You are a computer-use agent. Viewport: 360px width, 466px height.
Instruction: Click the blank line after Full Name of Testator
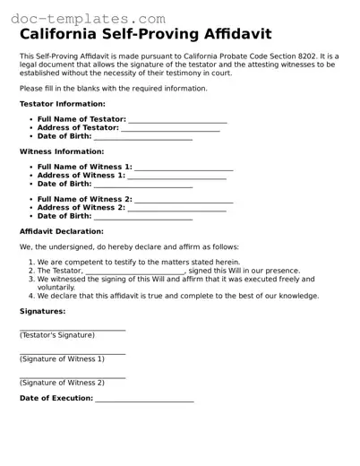point(177,121)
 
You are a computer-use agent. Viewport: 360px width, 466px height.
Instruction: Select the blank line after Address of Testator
point(170,130)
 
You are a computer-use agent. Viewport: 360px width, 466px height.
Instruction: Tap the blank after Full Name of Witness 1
point(184,168)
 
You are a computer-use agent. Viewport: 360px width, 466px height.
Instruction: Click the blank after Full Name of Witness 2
point(184,201)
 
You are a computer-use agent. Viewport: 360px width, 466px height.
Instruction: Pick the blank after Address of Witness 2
point(176,209)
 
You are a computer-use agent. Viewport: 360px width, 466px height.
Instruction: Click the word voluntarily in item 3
point(56,288)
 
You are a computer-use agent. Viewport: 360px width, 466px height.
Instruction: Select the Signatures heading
point(42,312)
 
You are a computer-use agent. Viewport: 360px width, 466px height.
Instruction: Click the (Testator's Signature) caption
point(57,335)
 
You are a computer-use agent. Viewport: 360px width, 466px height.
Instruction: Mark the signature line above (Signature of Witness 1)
point(73,353)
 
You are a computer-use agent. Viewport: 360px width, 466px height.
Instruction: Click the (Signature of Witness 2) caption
point(62,383)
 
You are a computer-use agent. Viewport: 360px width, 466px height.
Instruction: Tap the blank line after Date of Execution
point(144,400)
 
